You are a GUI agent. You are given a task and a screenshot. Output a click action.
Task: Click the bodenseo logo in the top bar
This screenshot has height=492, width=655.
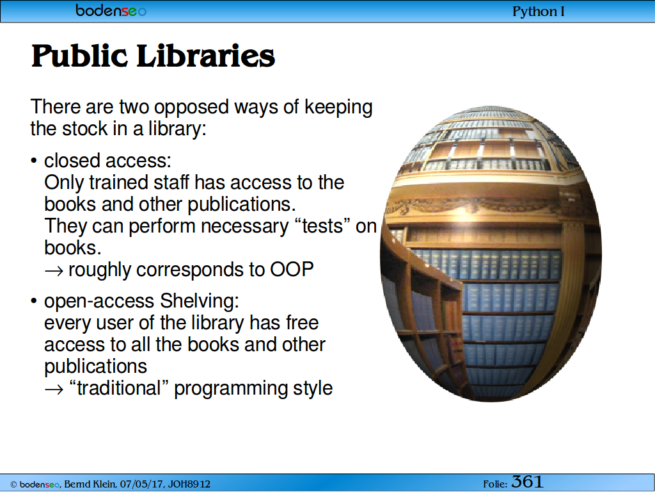click(111, 10)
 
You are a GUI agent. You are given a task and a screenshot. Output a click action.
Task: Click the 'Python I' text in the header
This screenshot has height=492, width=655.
click(538, 12)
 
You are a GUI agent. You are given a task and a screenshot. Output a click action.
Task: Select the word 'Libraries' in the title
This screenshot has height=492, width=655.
click(205, 56)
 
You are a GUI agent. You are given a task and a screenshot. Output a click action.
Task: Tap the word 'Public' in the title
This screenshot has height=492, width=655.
click(79, 56)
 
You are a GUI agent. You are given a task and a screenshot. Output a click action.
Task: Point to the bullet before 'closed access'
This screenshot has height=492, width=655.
click(34, 161)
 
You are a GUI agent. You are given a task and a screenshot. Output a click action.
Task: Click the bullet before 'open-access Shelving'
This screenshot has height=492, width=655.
click(34, 301)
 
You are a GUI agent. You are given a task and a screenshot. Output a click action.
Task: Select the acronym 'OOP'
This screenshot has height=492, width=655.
click(292, 270)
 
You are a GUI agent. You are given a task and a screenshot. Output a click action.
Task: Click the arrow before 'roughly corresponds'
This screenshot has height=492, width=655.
click(54, 271)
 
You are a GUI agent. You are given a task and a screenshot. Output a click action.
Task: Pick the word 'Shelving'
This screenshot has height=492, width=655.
click(200, 301)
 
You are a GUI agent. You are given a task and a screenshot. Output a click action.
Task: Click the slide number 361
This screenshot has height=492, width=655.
click(527, 482)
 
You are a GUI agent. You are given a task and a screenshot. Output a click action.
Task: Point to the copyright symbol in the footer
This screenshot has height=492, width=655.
click(13, 485)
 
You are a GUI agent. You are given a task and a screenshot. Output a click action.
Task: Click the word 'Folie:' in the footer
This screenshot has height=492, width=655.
click(496, 484)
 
